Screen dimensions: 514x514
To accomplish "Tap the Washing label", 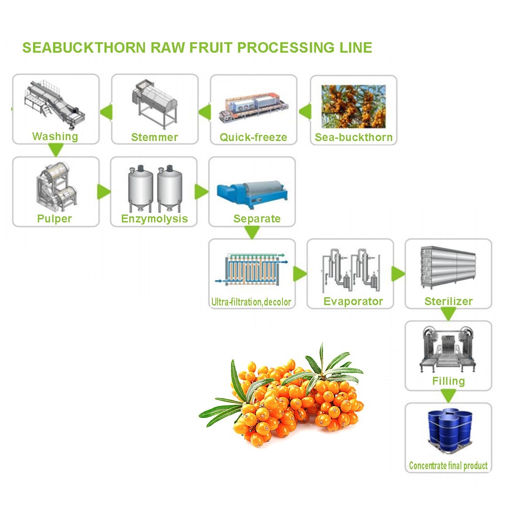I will (55, 136).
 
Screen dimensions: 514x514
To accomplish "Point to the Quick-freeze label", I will (253, 138).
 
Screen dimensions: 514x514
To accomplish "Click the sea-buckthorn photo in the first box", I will (353, 107).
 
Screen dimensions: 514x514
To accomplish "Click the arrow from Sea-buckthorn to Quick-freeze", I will (305, 111).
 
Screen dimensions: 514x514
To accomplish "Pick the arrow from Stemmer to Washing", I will (106, 112).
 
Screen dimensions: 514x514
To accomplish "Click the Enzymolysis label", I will (155, 218).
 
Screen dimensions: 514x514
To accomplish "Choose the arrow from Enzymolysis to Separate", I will (202, 191).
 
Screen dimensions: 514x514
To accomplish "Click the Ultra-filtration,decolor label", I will (251, 302).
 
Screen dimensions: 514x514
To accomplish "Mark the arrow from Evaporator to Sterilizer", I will (398, 274).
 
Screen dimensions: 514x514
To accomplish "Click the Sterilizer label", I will (448, 301).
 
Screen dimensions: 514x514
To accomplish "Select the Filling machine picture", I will (448, 348).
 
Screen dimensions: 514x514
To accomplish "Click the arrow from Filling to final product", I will (448, 396).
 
